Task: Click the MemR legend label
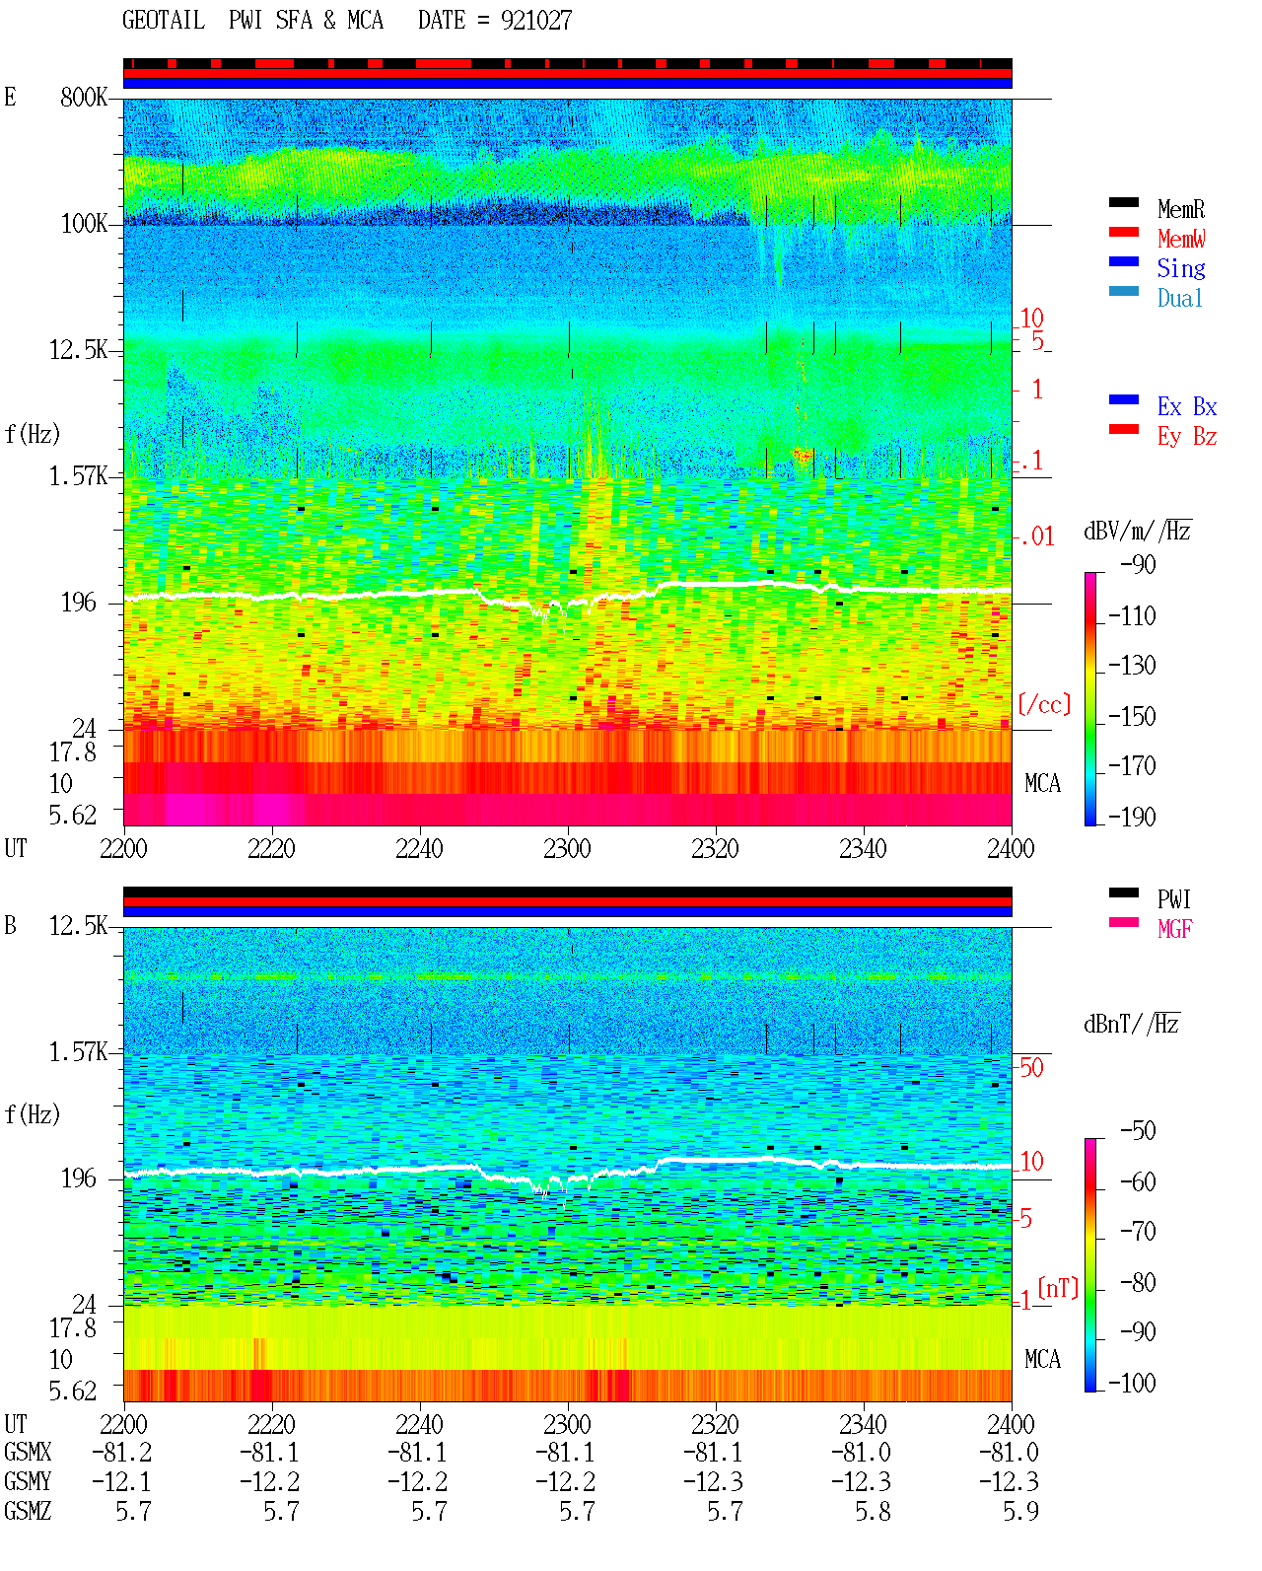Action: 1180,209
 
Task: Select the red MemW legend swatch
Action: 1123,232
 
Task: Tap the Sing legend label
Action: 1180,268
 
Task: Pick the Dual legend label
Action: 1179,298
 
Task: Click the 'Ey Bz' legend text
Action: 1186,436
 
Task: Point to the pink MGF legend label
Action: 1174,929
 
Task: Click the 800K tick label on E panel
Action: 84,97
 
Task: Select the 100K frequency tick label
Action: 84,224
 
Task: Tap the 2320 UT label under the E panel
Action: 715,848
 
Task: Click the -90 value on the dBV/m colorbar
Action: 1138,564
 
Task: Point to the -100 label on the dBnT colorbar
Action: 1132,1382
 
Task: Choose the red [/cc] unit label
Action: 1044,704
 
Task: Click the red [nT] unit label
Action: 1058,1287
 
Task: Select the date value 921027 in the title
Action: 536,20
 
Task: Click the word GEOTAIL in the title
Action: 164,20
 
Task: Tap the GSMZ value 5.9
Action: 1020,1511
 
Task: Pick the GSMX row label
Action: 28,1452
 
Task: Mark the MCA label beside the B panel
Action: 1042,1359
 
